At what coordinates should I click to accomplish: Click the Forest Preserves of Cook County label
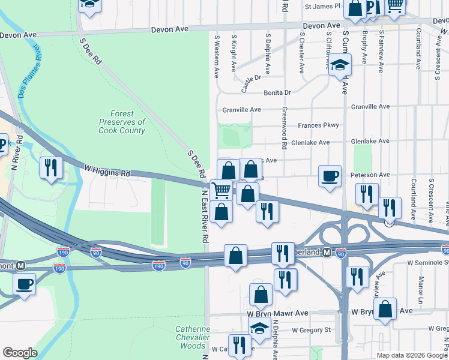(122, 122)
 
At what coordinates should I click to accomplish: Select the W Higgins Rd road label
(107, 171)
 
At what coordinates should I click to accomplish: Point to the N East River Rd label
(205, 216)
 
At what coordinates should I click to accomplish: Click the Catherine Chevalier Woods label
(193, 337)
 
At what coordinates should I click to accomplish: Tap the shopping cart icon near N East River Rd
(221, 191)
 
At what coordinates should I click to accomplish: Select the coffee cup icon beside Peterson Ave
(330, 176)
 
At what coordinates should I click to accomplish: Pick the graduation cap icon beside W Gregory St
(259, 328)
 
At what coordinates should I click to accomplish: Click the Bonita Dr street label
(277, 92)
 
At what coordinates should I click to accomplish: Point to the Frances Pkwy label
(318, 125)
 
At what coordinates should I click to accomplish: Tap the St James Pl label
(322, 6)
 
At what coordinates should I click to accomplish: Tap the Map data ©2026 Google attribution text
(411, 355)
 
